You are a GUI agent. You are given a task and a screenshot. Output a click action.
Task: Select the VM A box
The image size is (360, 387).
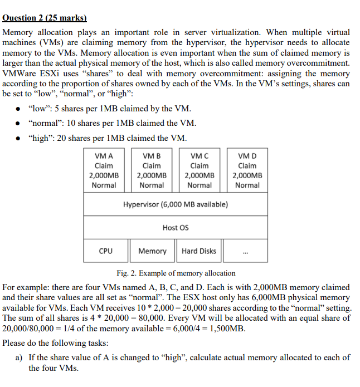[x=104, y=170]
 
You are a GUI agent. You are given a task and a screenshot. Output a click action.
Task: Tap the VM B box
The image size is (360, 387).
[x=152, y=170]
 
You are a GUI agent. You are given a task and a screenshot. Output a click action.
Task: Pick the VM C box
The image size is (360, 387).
[x=200, y=170]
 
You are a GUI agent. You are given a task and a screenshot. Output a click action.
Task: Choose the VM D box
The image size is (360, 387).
[x=247, y=170]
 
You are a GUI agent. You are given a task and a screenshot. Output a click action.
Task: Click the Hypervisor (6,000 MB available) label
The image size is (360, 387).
[x=176, y=204]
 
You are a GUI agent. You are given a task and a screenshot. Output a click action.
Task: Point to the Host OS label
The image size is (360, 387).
[x=176, y=227]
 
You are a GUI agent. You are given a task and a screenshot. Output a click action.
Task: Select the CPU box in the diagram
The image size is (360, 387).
[x=105, y=251]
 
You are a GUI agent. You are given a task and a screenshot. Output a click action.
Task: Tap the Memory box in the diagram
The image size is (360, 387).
[x=152, y=251]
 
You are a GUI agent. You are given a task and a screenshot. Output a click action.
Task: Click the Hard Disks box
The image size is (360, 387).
[x=199, y=251]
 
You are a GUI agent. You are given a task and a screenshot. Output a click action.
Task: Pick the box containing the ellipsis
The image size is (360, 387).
[x=246, y=251]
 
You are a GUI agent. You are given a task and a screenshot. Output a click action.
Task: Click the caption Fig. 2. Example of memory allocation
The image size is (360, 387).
[x=176, y=273]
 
